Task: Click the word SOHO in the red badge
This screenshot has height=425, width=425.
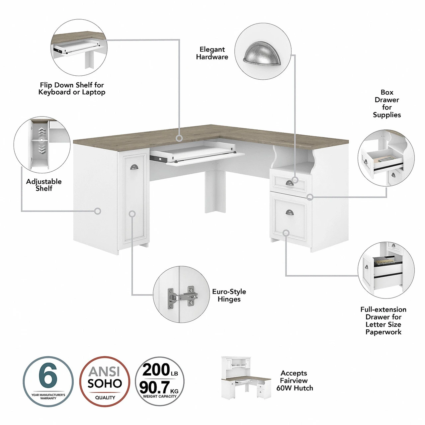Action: click(x=105, y=384)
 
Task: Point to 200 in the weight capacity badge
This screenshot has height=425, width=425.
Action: click(x=156, y=370)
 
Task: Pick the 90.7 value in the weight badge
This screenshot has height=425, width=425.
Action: click(x=154, y=387)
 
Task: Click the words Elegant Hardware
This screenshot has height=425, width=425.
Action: click(x=212, y=53)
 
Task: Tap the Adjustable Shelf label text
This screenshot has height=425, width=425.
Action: click(x=44, y=185)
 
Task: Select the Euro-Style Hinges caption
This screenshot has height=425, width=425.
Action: click(x=229, y=295)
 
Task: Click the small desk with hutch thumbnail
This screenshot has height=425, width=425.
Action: click(x=246, y=378)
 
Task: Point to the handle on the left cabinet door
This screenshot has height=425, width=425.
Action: click(x=134, y=167)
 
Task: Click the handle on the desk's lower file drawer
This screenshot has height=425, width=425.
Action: click(x=290, y=212)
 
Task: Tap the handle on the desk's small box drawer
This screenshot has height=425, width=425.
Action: click(x=289, y=183)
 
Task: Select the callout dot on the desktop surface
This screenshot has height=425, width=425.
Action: click(x=179, y=138)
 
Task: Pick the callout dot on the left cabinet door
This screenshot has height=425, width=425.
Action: click(x=132, y=214)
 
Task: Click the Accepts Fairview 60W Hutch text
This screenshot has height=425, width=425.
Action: click(x=295, y=381)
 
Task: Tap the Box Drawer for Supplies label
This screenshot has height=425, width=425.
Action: click(x=387, y=104)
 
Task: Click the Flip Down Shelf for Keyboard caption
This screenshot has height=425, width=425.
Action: click(x=72, y=89)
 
